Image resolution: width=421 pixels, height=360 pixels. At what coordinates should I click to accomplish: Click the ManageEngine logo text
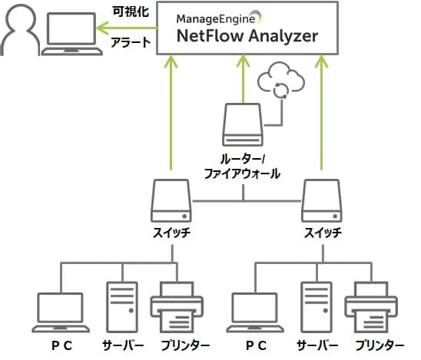[x=216, y=18]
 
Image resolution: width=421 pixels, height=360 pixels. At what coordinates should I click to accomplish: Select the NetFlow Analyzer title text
[x=247, y=36]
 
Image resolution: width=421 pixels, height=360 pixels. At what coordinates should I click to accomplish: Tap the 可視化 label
[x=131, y=12]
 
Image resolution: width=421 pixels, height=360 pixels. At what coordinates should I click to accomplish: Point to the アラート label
[x=131, y=43]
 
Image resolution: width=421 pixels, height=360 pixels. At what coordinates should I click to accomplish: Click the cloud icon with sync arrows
[x=281, y=80]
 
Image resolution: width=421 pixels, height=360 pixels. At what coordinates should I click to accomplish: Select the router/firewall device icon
[x=243, y=125]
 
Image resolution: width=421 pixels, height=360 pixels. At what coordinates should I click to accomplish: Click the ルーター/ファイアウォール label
[x=242, y=167]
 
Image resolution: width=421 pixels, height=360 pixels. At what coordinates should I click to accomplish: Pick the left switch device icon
[x=171, y=200]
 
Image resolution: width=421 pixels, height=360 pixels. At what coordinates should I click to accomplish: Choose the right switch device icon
[x=322, y=200]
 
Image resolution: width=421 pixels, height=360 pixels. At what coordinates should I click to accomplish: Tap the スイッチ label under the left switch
[x=172, y=233]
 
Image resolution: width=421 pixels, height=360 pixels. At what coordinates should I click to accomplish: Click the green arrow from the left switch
[x=171, y=113]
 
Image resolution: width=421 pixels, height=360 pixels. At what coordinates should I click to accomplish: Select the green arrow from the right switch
[x=321, y=113]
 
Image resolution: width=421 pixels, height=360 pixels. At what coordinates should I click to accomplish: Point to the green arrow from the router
[x=244, y=79]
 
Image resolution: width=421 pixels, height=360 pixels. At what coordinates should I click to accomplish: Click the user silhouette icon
[x=19, y=30]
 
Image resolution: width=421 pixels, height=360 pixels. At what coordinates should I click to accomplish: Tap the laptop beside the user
[x=72, y=34]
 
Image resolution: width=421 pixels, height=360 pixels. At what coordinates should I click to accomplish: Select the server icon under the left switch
[x=122, y=307]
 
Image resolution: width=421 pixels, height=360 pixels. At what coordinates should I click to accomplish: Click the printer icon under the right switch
[x=371, y=307]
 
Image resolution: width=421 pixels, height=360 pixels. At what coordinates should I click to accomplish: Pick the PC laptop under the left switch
[x=61, y=312]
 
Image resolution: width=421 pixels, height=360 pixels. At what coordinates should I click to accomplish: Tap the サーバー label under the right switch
[x=317, y=345]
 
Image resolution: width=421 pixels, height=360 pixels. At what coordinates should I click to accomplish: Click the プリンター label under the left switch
[x=185, y=345]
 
